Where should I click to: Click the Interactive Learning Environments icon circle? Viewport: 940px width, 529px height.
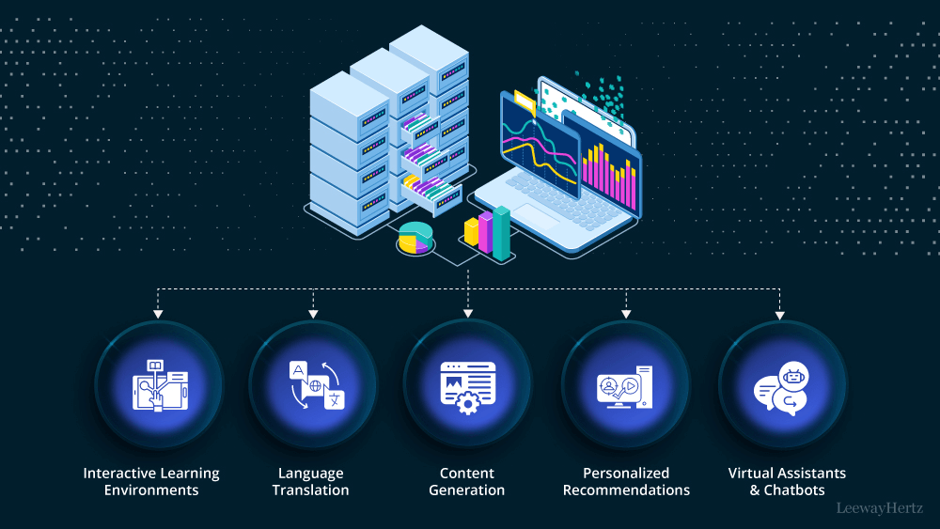[158, 384]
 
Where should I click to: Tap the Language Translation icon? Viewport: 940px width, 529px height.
[312, 384]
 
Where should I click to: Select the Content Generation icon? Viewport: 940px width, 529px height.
[467, 384]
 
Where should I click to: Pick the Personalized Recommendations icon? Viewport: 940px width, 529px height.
[625, 384]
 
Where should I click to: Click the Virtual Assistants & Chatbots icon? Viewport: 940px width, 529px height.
[782, 384]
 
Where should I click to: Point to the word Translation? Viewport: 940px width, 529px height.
[310, 490]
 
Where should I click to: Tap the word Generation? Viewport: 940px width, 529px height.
[466, 490]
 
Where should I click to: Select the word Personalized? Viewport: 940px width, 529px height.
[625, 474]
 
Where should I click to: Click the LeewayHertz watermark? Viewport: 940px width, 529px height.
[880, 508]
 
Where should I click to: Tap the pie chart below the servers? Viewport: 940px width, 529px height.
[414, 239]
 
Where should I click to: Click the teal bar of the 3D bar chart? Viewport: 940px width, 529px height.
[502, 233]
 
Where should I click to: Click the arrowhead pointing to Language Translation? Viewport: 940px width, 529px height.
[312, 312]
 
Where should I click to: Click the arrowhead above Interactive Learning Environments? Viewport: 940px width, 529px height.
[158, 312]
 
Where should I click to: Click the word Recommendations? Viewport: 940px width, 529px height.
[626, 490]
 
